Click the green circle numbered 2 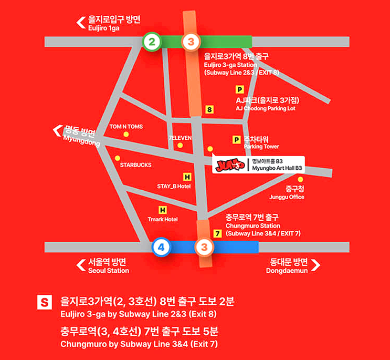tap(152, 42)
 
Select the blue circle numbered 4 tap(161, 247)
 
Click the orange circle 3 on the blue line tap(205, 247)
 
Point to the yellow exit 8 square tap(210, 110)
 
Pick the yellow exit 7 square tap(217, 233)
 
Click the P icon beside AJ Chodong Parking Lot tap(240, 90)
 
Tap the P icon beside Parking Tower tap(236, 139)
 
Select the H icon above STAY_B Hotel tap(187, 177)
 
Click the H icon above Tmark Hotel tap(162, 210)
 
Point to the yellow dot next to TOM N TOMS tap(126, 135)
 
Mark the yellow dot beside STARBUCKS tap(117, 158)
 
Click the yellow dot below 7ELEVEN tap(180, 145)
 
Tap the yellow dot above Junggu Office tap(301, 179)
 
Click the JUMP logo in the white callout tap(230, 165)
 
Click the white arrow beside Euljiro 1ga tap(81, 22)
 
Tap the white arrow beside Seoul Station tap(81, 265)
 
